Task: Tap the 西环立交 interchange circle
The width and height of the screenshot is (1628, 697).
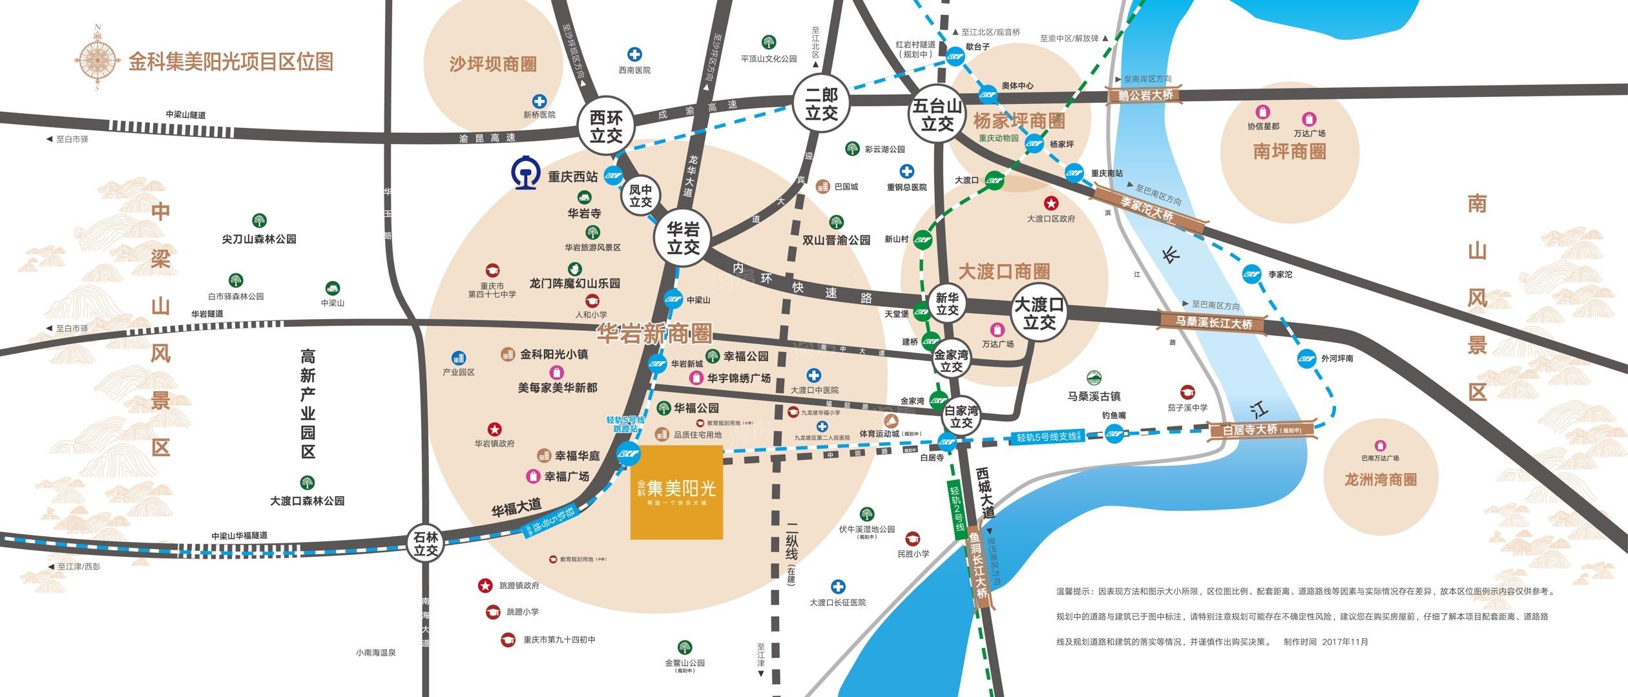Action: click(x=606, y=127)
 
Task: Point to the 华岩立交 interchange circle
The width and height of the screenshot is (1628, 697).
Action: click(x=683, y=238)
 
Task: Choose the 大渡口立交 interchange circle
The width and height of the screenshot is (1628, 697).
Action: click(x=1039, y=313)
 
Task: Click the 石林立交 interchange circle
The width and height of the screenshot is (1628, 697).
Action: click(x=426, y=544)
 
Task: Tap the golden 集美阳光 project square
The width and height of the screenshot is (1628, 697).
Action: click(x=676, y=492)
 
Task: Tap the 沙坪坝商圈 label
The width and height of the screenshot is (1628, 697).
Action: click(x=493, y=64)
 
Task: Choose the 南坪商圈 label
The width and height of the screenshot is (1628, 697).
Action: click(x=1289, y=152)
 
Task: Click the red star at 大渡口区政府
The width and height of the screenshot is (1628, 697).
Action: click(x=1052, y=203)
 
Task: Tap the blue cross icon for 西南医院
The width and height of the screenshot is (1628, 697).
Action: click(x=635, y=54)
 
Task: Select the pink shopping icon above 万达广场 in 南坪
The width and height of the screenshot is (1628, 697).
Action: click(x=1309, y=119)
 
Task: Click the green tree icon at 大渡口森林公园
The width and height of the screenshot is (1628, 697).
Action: click(x=307, y=483)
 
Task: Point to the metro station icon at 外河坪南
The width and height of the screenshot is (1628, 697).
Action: click(x=1306, y=358)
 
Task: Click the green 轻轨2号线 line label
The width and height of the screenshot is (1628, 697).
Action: click(x=957, y=508)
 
